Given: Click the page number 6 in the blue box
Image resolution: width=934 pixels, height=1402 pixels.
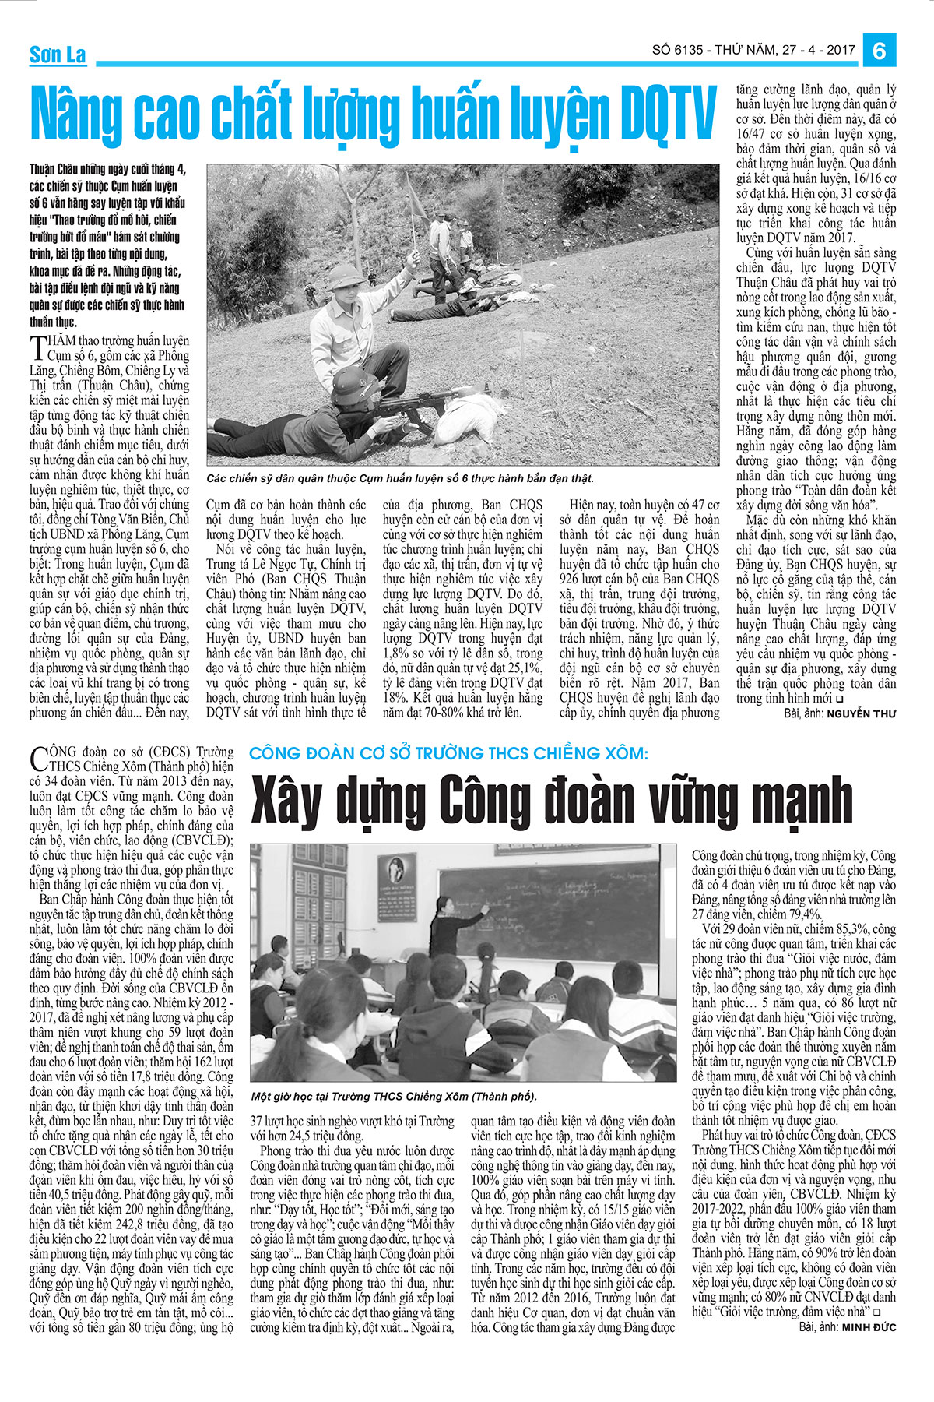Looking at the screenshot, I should click(880, 51).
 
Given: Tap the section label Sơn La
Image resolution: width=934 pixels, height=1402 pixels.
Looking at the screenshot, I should click(58, 55).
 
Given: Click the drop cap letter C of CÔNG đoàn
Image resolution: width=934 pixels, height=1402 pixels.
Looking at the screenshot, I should click(38, 759).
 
